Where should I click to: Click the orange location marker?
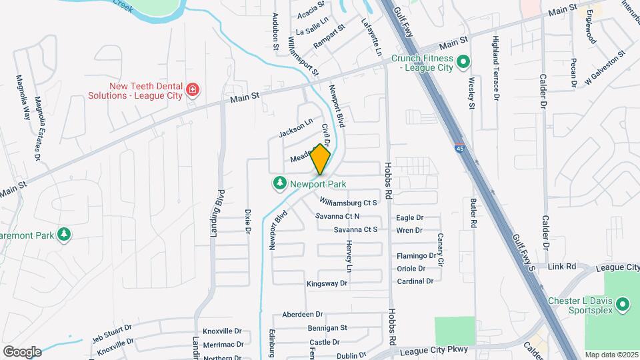click(321, 159)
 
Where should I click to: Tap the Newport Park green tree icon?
click(279, 183)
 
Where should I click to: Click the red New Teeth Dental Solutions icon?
click(193, 89)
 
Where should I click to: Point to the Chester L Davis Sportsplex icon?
click(623, 305)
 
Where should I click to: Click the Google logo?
click(22, 351)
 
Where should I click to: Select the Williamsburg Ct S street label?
click(348, 202)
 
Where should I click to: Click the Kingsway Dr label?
click(327, 283)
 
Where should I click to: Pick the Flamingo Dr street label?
click(416, 256)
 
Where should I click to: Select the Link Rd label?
click(561, 267)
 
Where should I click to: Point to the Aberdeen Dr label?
click(302, 314)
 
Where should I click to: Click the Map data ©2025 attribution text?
click(611, 355)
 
